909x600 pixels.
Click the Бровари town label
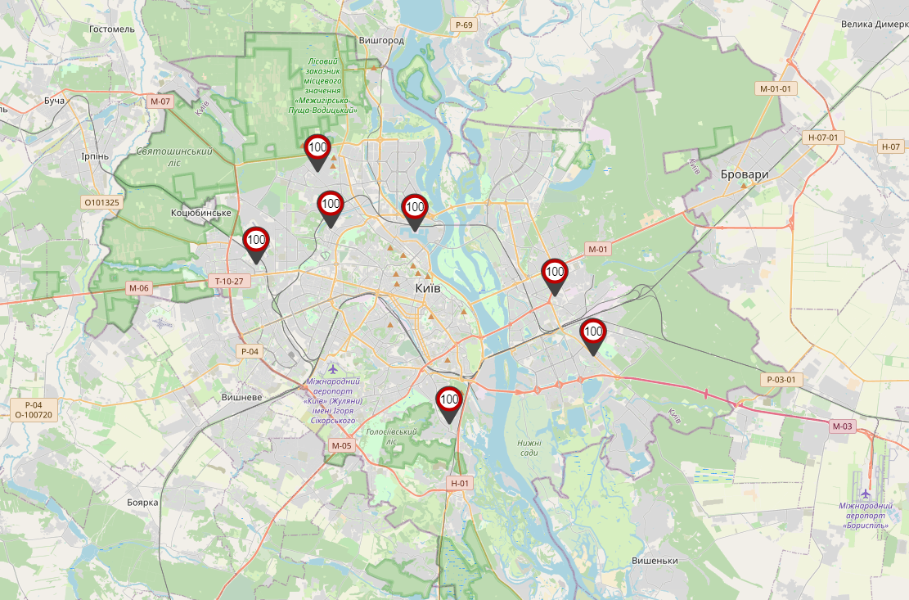click(x=745, y=174)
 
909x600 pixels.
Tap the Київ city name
click(x=428, y=289)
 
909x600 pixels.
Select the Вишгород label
click(x=381, y=39)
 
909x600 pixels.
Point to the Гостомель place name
click(x=112, y=29)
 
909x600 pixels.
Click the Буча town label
click(x=55, y=100)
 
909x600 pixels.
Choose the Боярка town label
click(x=142, y=502)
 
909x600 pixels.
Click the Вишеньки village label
click(x=655, y=561)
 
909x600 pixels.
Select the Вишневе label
click(x=241, y=397)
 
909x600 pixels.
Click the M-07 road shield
click(x=160, y=102)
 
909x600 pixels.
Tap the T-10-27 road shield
click(x=228, y=281)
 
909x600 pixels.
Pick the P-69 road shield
click(x=463, y=25)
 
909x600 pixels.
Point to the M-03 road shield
click(x=842, y=426)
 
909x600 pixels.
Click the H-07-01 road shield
click(x=822, y=138)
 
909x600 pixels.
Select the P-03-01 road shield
click(x=781, y=380)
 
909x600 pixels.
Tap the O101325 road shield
click(x=101, y=201)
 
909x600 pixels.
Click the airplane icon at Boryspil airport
click(x=866, y=494)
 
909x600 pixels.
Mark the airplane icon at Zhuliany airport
click(x=333, y=369)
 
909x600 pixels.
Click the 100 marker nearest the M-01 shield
click(x=555, y=273)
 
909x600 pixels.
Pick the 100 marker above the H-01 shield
click(x=449, y=402)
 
